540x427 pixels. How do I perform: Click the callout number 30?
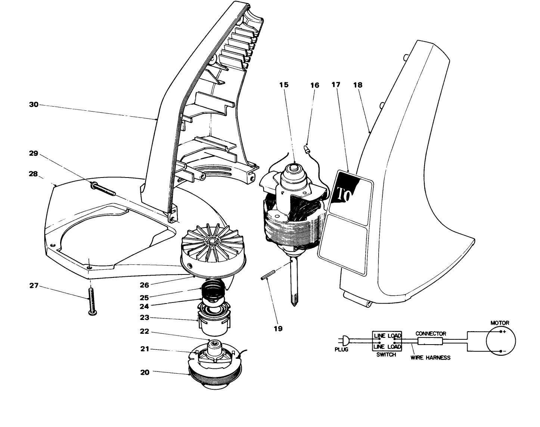(34, 105)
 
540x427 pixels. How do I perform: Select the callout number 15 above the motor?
(284, 85)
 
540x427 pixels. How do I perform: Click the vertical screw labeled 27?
(90, 301)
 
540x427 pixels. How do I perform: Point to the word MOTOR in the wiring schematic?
(500, 323)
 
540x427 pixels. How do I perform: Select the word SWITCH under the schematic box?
(386, 355)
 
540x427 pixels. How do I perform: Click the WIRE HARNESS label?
(430, 358)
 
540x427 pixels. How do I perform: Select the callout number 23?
(145, 318)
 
